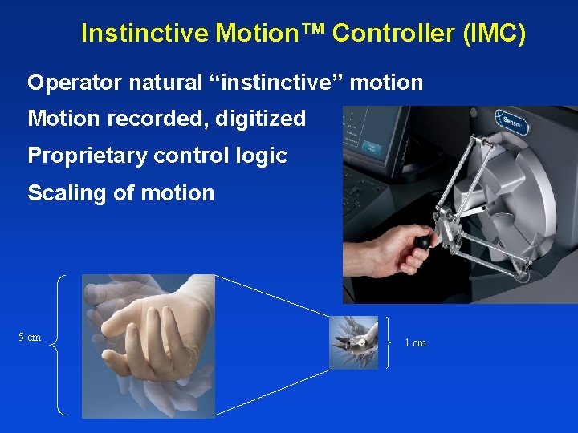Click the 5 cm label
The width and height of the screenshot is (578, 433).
[30, 338]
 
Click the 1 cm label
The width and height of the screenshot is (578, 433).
[416, 343]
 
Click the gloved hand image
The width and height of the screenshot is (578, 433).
[149, 345]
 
